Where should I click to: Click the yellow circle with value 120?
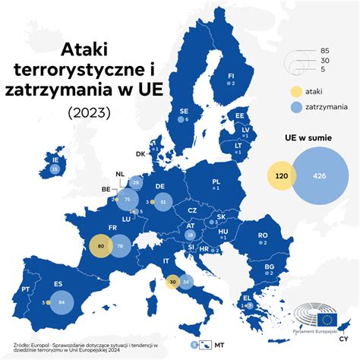[280, 176]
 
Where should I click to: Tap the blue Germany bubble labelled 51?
[163, 202]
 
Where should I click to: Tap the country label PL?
[215, 182]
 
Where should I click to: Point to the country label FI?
[232, 76]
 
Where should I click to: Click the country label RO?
[263, 235]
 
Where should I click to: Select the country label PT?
[25, 289]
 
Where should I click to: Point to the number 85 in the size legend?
[325, 51]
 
